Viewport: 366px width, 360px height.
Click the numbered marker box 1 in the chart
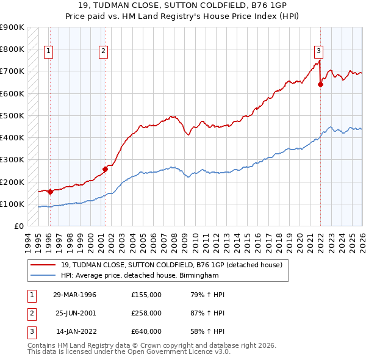click(x=48, y=52)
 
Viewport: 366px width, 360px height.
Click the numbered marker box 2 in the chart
click(x=104, y=52)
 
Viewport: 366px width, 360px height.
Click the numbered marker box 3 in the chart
click(x=318, y=52)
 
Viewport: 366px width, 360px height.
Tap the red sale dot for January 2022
click(x=320, y=85)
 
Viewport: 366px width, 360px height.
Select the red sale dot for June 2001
click(x=106, y=169)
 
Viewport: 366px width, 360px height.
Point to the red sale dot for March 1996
click(x=51, y=192)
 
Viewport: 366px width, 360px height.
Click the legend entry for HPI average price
click(x=140, y=276)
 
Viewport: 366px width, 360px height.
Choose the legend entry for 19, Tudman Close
click(x=171, y=265)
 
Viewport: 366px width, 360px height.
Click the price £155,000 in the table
click(x=146, y=295)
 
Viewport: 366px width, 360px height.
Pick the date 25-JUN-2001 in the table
click(x=76, y=313)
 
